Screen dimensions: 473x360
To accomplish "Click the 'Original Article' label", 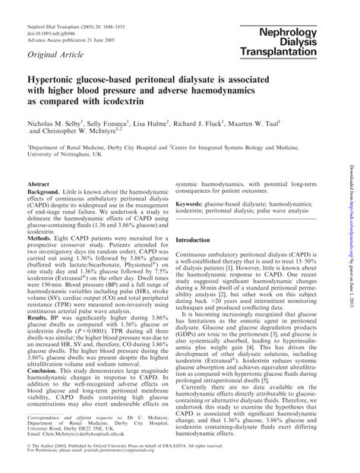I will point(55,58).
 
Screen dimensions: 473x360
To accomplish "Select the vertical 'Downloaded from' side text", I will point(352,228).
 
